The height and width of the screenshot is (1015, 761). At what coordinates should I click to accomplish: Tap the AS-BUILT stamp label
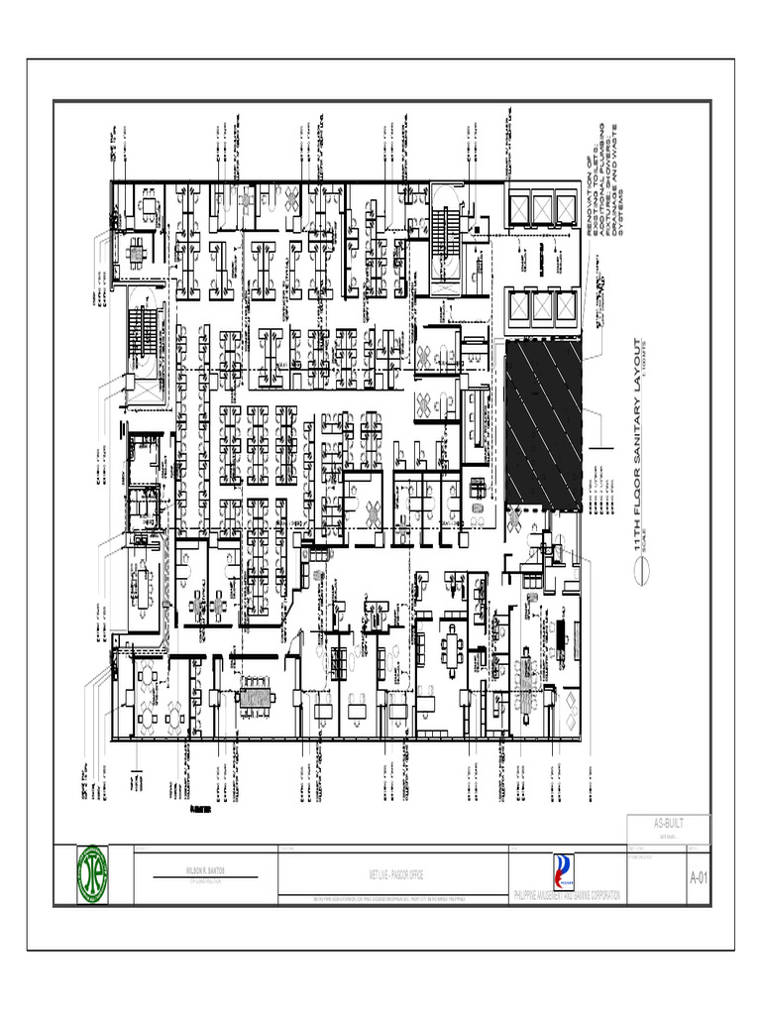click(x=669, y=824)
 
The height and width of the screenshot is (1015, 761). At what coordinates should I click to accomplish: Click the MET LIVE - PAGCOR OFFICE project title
click(x=393, y=877)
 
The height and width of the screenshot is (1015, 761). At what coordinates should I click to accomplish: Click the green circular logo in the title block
click(x=93, y=873)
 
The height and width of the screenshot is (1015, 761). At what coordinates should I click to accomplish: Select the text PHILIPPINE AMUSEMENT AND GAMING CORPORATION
click(x=567, y=896)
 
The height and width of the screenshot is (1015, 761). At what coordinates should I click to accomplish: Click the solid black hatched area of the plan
click(x=542, y=421)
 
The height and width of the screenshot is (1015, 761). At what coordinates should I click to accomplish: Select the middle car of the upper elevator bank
click(x=543, y=209)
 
